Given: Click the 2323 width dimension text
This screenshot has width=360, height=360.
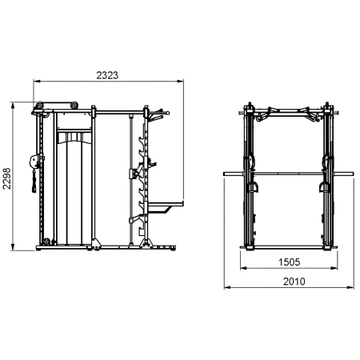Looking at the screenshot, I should pos(107,74).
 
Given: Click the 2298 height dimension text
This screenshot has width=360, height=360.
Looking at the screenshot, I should pos(8,177).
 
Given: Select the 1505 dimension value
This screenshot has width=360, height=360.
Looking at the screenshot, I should pos(290,262).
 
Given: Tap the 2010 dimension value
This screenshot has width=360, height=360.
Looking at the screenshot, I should pos(290,281).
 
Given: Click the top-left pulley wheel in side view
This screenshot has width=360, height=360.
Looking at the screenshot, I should pos(37,106).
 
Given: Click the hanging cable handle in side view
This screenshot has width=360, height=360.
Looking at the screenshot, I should pos(32,186).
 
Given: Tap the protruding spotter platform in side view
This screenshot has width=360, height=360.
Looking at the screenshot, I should pos(165,207).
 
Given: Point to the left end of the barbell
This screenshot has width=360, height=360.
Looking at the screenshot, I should pos(225,171).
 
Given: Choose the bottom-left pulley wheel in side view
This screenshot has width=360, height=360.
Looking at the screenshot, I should pos(46,242).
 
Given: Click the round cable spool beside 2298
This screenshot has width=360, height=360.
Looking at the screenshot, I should pos(32,160).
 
